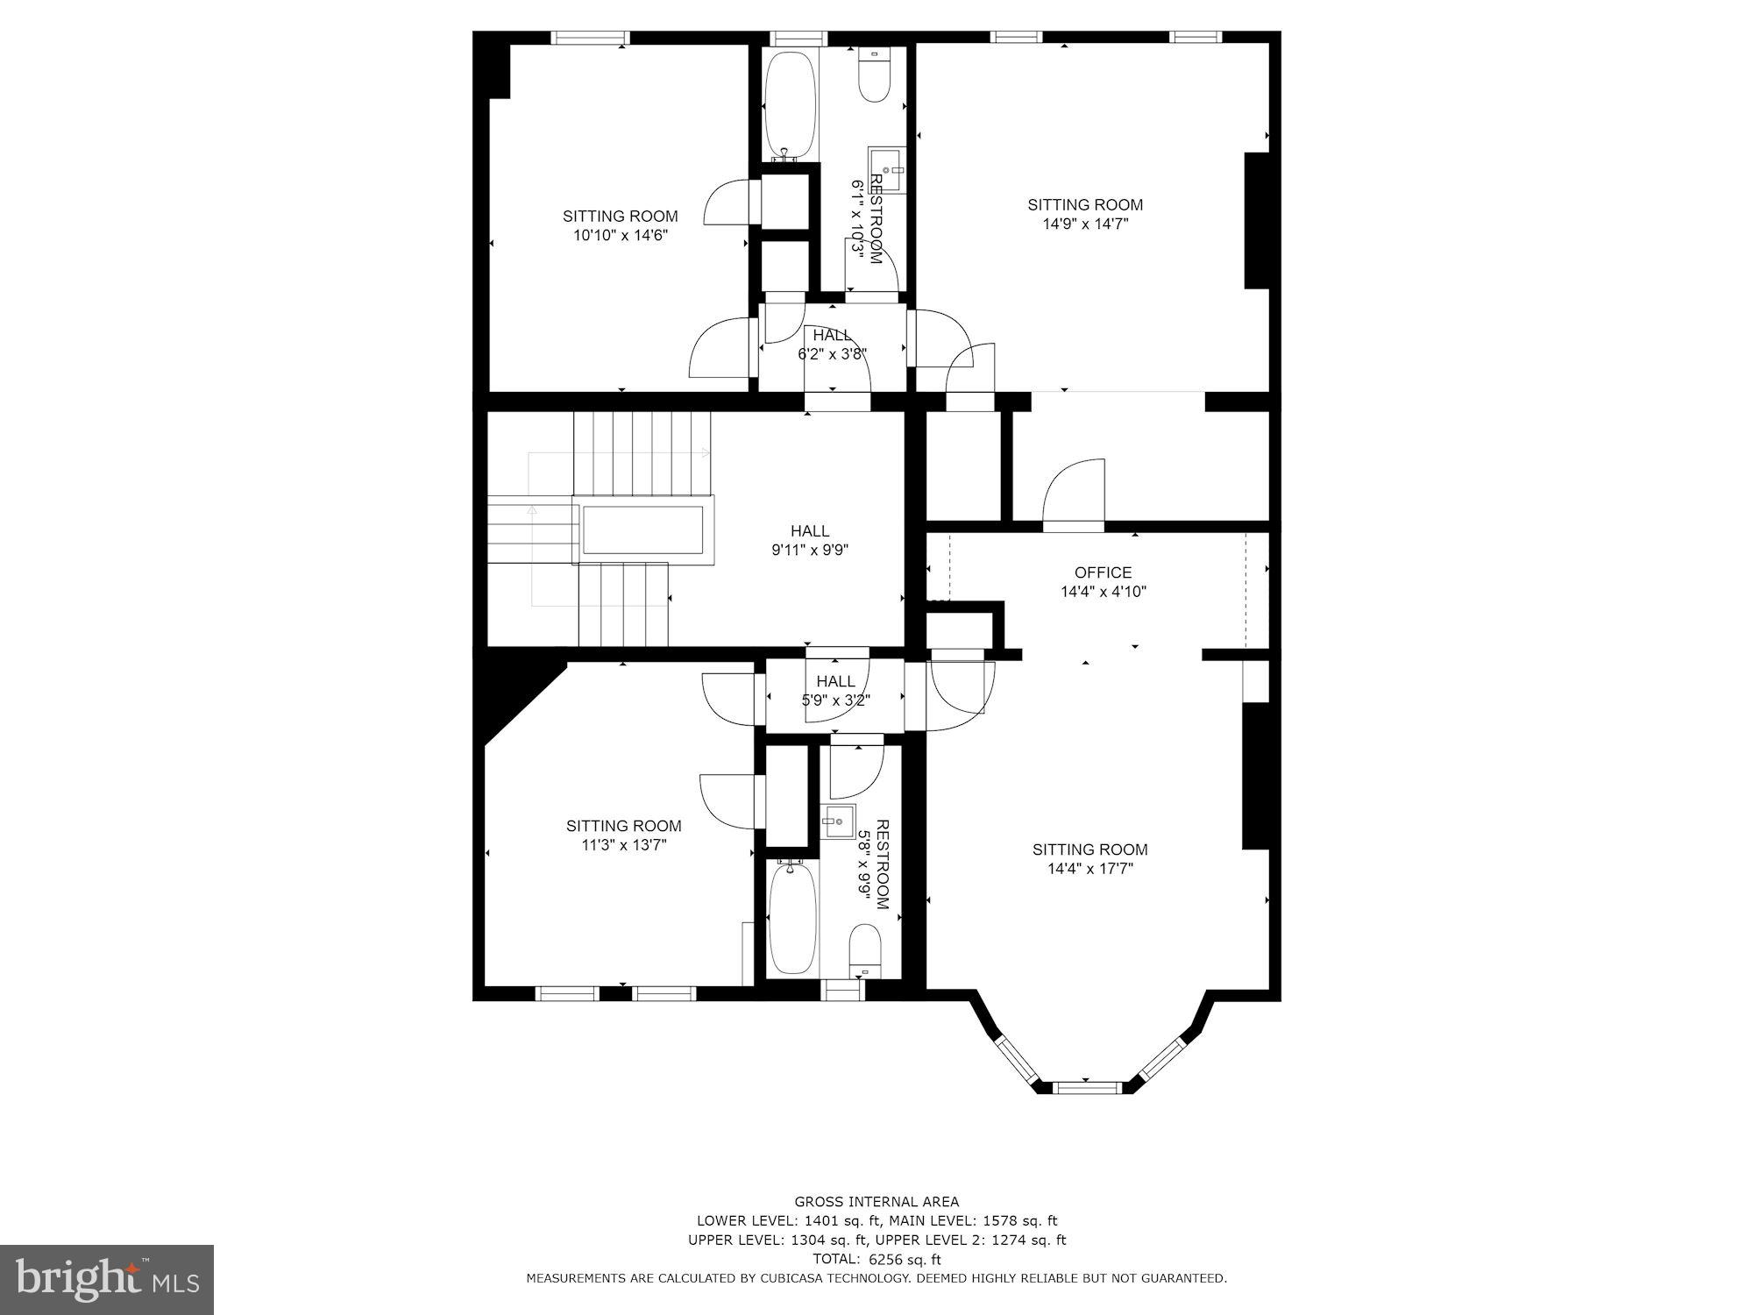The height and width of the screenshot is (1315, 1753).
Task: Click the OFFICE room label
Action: pyautogui.click(x=1103, y=572)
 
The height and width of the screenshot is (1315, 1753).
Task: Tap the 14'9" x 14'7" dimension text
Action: pyautogui.click(x=1085, y=224)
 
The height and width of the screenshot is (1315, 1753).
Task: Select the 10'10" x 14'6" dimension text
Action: pyautogui.click(x=620, y=235)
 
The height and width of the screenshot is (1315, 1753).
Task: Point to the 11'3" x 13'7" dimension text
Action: pyautogui.click(x=623, y=845)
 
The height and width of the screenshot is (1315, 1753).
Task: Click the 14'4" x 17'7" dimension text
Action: pyautogui.click(x=1089, y=869)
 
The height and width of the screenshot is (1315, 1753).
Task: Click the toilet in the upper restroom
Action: pyautogui.click(x=874, y=76)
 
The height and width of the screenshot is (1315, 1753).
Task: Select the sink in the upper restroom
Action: pyautogui.click(x=886, y=168)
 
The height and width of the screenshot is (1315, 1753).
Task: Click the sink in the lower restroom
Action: pyautogui.click(x=838, y=821)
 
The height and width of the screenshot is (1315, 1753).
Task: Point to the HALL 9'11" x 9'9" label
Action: pyautogui.click(x=810, y=541)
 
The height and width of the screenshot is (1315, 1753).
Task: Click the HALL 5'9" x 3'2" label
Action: pyautogui.click(x=835, y=691)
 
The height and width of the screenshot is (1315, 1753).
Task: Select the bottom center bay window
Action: pyautogui.click(x=1086, y=1087)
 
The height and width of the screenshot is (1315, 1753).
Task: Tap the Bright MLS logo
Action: pyautogui.click(x=107, y=1279)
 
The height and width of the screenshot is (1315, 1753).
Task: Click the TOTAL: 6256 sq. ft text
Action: pyautogui.click(x=876, y=1260)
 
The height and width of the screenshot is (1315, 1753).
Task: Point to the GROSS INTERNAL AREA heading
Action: pyautogui.click(x=876, y=1202)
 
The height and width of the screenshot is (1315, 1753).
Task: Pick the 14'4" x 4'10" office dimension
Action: pyautogui.click(x=1104, y=592)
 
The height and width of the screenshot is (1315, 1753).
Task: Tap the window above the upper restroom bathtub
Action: pyautogui.click(x=798, y=38)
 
